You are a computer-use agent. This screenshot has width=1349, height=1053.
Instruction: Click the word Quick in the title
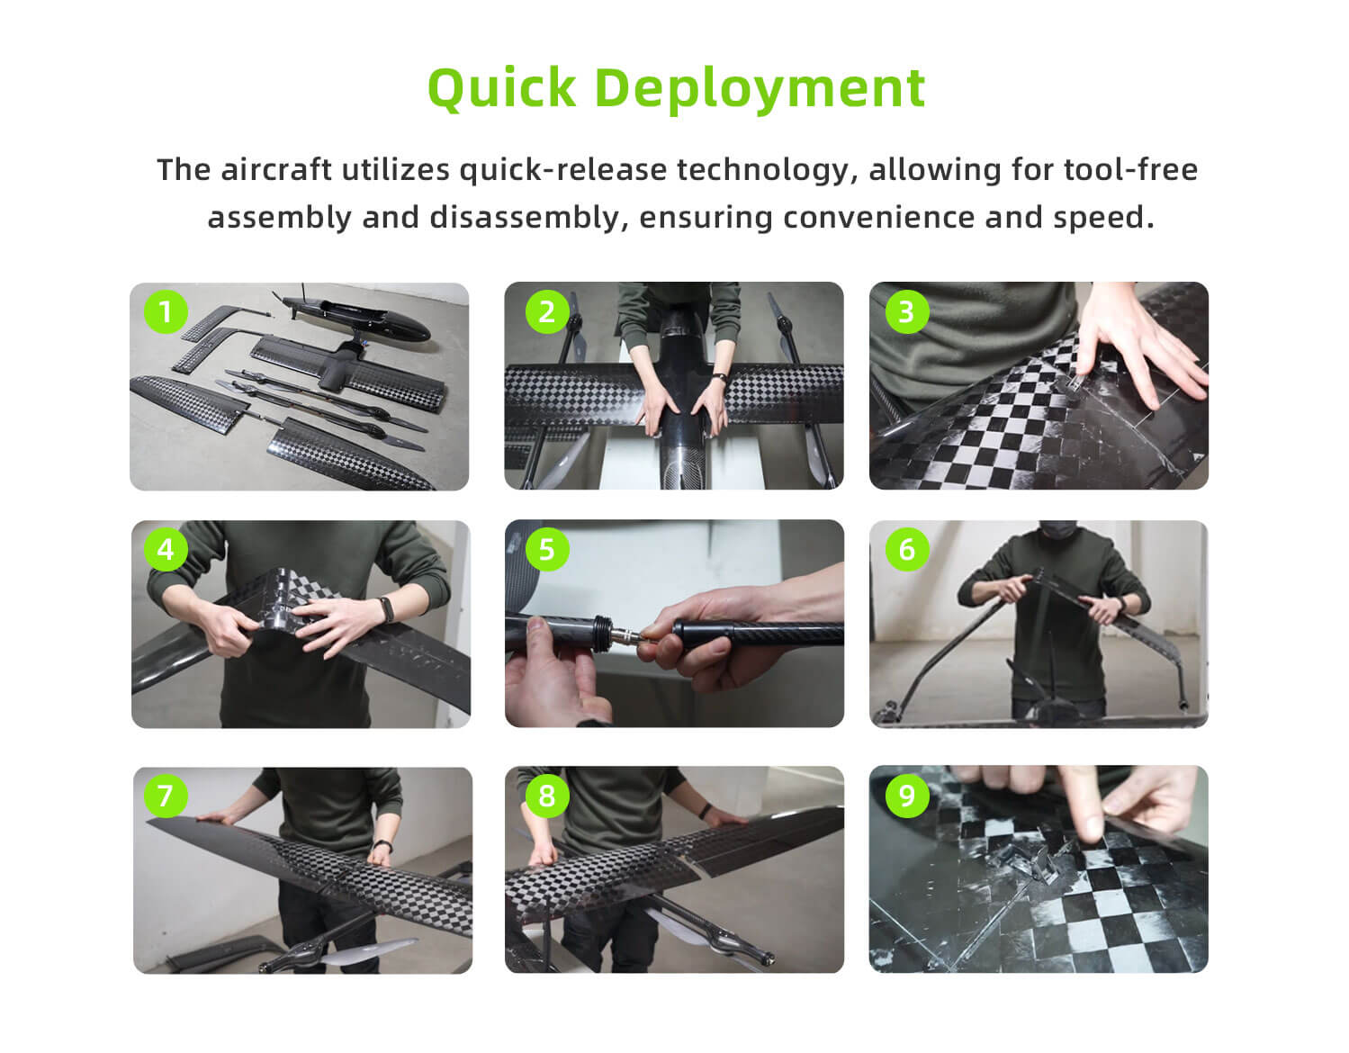click(x=501, y=89)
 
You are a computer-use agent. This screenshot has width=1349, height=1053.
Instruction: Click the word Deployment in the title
click(x=760, y=90)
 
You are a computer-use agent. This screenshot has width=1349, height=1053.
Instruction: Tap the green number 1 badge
click(x=166, y=311)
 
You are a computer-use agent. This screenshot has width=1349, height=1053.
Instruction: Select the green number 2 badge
click(x=547, y=311)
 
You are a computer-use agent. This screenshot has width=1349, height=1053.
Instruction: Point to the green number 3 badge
click(x=906, y=311)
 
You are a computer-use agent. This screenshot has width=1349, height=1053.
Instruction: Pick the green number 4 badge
click(x=166, y=549)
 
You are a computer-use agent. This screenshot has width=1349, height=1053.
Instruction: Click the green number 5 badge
click(x=547, y=549)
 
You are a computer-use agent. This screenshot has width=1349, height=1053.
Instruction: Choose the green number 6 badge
click(x=906, y=549)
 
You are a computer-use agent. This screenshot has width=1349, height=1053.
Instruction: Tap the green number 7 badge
click(x=166, y=795)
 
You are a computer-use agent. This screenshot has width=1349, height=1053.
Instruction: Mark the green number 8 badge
click(x=547, y=795)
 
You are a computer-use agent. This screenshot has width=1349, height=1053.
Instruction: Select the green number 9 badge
click(x=906, y=795)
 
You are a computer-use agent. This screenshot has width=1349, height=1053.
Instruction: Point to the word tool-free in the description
click(x=1130, y=169)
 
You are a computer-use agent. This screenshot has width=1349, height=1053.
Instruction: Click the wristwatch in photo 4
click(x=386, y=609)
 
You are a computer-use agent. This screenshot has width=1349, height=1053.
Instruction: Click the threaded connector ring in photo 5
click(x=601, y=634)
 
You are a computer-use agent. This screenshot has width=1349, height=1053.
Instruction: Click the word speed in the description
click(x=1103, y=218)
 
